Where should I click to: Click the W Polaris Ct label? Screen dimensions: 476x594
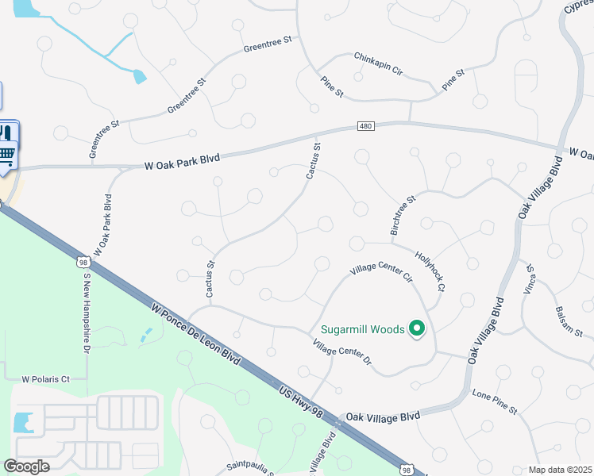[x=46, y=379]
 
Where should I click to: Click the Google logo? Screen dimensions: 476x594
[x=26, y=466]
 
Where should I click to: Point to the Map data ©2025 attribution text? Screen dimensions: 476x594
[x=559, y=470]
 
